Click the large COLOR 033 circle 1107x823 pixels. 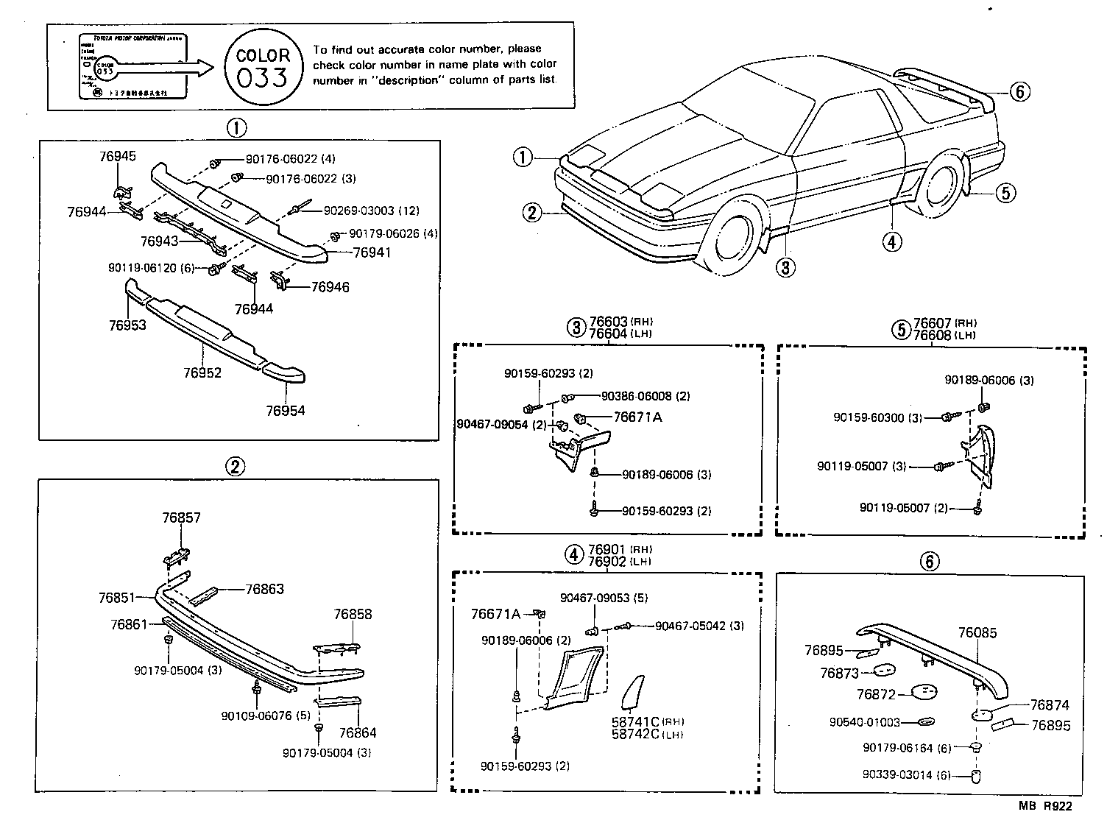pyautogui.click(x=263, y=67)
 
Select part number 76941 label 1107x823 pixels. pyautogui.click(x=372, y=252)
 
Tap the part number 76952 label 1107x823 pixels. pyautogui.click(x=202, y=373)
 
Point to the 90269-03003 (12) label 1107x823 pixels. pyautogui.click(x=371, y=211)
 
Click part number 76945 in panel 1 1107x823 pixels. pyautogui.click(x=118, y=156)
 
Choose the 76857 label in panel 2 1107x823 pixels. pyautogui.click(x=181, y=518)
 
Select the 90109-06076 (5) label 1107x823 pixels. pyautogui.click(x=266, y=716)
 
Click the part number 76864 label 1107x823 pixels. pyautogui.click(x=358, y=733)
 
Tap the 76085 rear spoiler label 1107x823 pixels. pyautogui.click(x=977, y=632)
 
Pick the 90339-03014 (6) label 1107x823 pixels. pyautogui.click(x=907, y=774)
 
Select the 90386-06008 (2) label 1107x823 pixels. pyautogui.click(x=646, y=396)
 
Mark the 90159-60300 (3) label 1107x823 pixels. pyautogui.click(x=877, y=417)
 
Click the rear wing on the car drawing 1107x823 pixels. pyautogui.click(x=949, y=88)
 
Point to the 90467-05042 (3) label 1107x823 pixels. pyautogui.click(x=699, y=626)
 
